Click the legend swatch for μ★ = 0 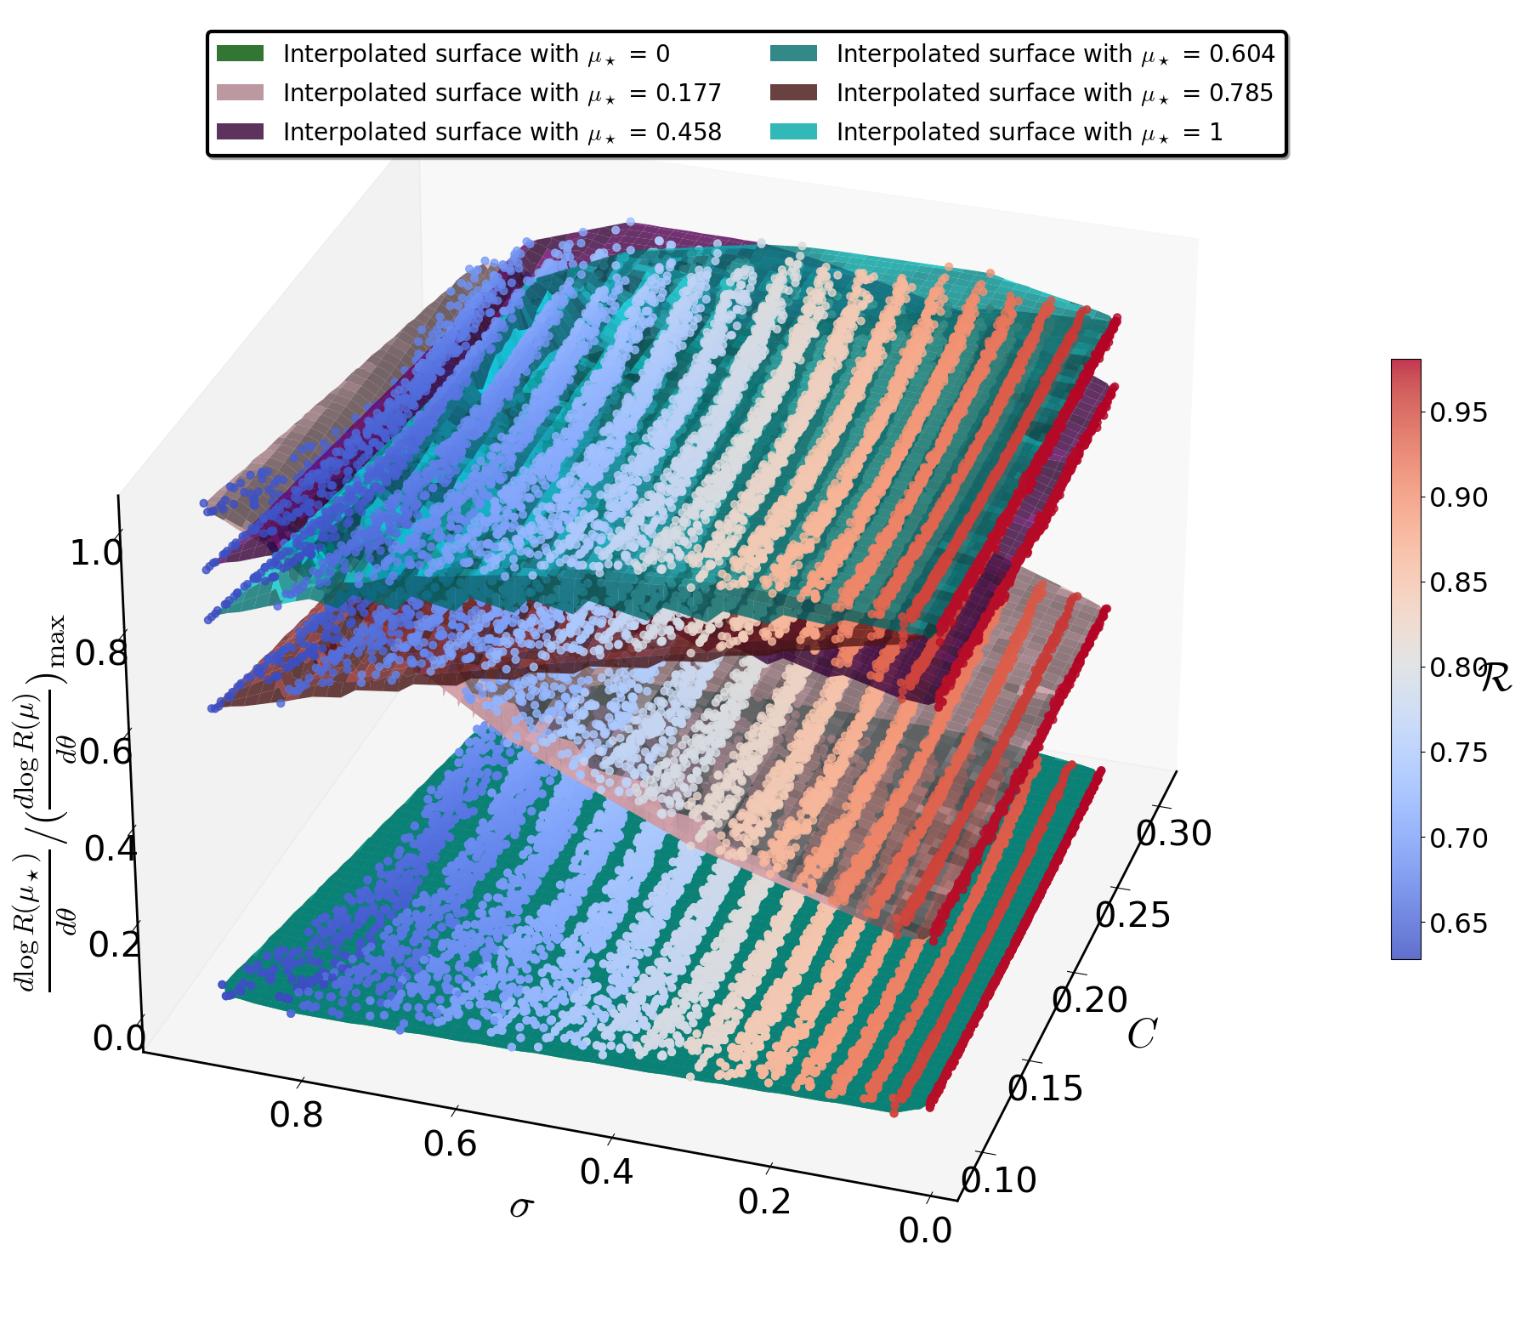pyautogui.click(x=240, y=54)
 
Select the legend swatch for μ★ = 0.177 pyautogui.click(x=240, y=93)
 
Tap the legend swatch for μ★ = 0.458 pyautogui.click(x=240, y=132)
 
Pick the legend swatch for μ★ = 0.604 pyautogui.click(x=793, y=54)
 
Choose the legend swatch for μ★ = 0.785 pyautogui.click(x=793, y=93)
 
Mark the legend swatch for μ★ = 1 pyautogui.click(x=793, y=132)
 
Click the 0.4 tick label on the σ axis pyautogui.click(x=606, y=1173)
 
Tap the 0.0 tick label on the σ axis pyautogui.click(x=925, y=1230)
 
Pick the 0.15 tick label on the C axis pyautogui.click(x=1045, y=1088)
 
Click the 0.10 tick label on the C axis pyautogui.click(x=998, y=1180)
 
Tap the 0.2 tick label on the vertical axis pyautogui.click(x=115, y=944)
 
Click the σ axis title pyautogui.click(x=521, y=1207)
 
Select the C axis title pyautogui.click(x=1142, y=1035)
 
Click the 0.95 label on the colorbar pyautogui.click(x=1459, y=412)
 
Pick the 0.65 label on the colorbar pyautogui.click(x=1459, y=923)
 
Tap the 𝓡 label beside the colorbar pyautogui.click(x=1496, y=678)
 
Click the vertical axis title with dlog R pyautogui.click(x=40, y=804)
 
